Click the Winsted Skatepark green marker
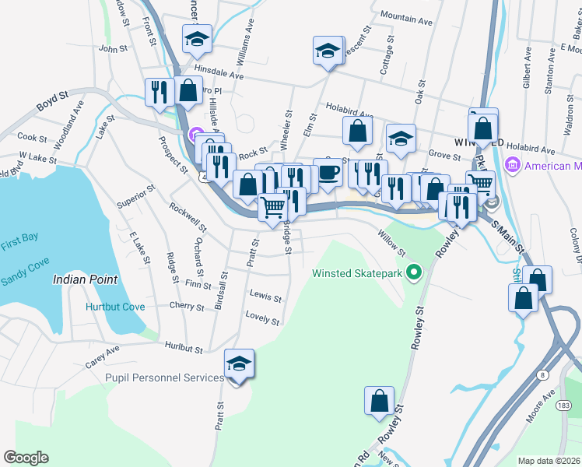(414, 273)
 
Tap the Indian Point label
(85, 279)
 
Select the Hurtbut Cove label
(115, 307)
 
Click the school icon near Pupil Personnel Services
(240, 363)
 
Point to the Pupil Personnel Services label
(164, 377)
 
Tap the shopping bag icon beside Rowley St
(379, 401)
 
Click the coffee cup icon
(328, 173)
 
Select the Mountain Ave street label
(406, 19)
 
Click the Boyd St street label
(53, 102)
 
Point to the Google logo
(26, 458)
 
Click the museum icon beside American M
(512, 166)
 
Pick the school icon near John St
(198, 38)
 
